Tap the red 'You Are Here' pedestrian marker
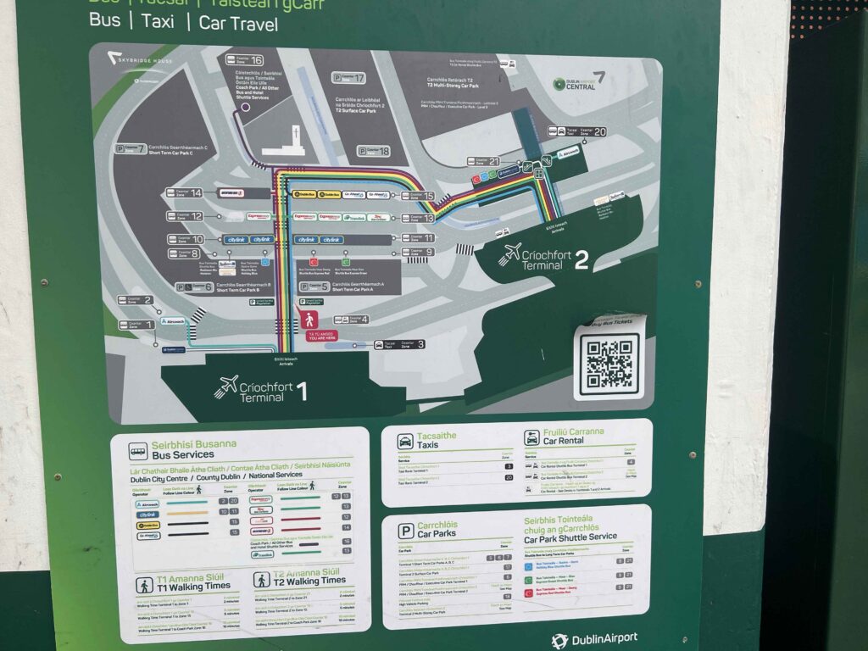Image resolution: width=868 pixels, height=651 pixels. point(309,320)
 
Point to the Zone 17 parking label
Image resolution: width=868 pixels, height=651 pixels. point(348,78)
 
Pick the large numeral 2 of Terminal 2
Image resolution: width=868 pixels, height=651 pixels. point(581,259)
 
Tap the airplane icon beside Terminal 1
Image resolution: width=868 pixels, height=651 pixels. point(226,387)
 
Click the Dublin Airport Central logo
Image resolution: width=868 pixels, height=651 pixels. point(580,82)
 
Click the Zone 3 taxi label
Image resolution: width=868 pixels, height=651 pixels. point(398,344)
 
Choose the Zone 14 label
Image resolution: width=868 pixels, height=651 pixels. point(184,193)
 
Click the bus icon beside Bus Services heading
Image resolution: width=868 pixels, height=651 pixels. point(137,450)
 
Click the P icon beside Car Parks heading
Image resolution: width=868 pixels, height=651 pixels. point(406,530)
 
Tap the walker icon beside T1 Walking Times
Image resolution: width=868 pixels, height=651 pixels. point(144,585)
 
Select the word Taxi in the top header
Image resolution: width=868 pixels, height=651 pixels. point(158,22)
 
